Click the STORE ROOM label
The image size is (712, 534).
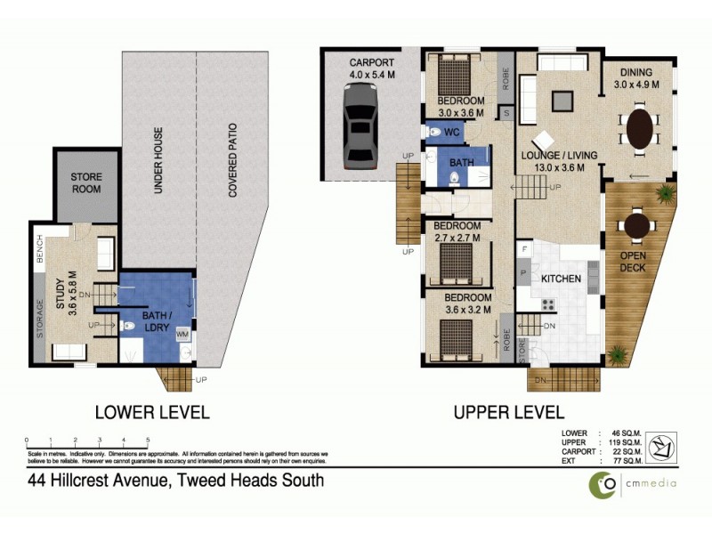click(86, 183)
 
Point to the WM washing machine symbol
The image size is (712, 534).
click(182, 335)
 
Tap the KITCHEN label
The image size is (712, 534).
click(561, 279)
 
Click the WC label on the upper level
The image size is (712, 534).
click(452, 133)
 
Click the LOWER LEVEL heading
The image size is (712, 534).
click(152, 413)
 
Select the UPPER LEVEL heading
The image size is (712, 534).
click(508, 413)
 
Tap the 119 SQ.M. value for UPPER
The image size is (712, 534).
click(624, 442)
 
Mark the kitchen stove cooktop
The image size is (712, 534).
click(548, 305)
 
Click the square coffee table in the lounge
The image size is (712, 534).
click(562, 101)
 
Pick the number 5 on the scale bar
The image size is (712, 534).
click(148, 441)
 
